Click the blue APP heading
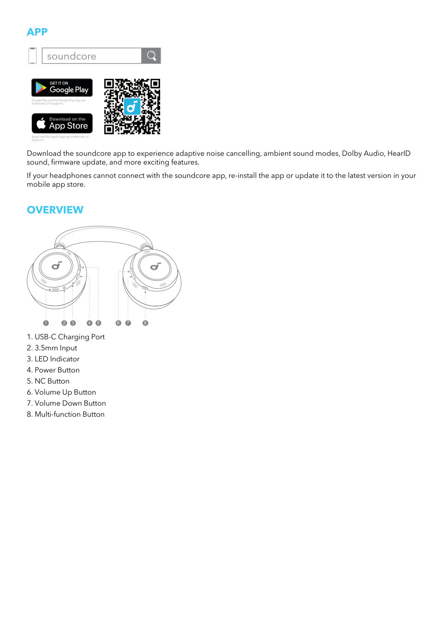(37, 32)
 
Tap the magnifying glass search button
(151, 56)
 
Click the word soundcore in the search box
(72, 56)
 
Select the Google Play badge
(62, 88)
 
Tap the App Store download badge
(62, 123)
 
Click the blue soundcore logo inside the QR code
(132, 106)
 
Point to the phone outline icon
(32, 56)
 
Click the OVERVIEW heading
(55, 210)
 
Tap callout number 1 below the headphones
(46, 323)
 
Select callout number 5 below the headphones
(98, 323)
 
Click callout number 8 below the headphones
(145, 323)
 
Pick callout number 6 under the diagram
(118, 323)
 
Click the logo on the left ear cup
(56, 266)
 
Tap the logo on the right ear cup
(156, 266)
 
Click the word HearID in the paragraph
(399, 154)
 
